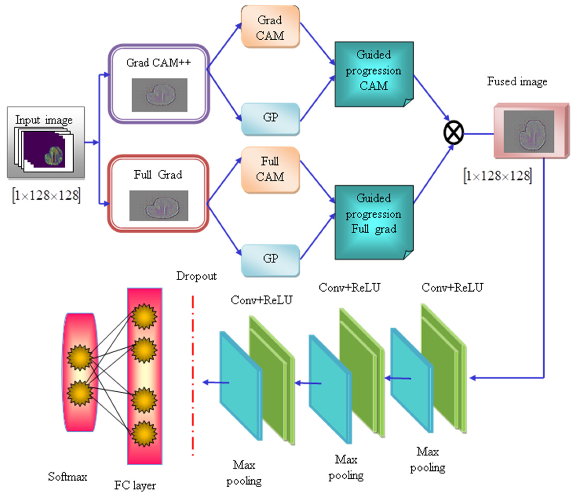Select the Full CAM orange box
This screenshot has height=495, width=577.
[x=270, y=169]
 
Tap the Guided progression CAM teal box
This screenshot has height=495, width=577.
[x=374, y=74]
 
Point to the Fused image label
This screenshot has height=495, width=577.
[x=517, y=82]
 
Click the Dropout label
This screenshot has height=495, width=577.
[x=196, y=276]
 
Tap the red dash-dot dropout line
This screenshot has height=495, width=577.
[x=193, y=376]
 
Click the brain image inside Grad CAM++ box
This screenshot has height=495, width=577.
[x=160, y=95]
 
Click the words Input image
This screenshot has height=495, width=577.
[x=44, y=120]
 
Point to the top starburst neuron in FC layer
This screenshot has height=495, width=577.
[x=144, y=316]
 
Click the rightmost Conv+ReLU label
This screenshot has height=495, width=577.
[x=452, y=287]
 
